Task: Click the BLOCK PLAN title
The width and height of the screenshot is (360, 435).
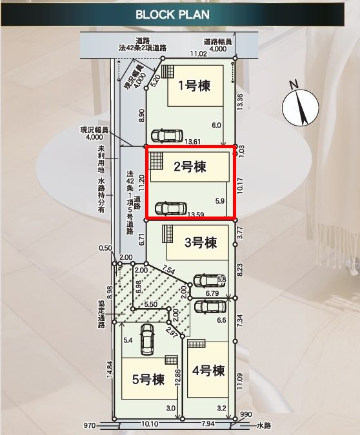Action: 172,15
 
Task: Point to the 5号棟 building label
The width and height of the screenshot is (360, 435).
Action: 148,380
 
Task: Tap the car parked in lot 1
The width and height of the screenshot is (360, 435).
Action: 166,135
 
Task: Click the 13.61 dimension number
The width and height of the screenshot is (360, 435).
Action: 194,141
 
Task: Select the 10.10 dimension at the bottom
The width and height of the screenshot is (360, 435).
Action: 149,425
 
